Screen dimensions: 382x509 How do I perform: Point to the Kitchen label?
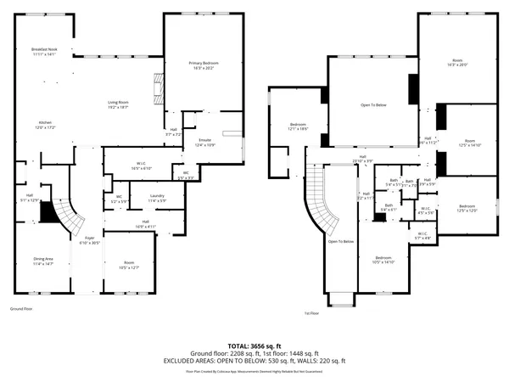pyautogui.click(x=44, y=125)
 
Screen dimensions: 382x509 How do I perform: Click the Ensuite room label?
pyautogui.click(x=204, y=142)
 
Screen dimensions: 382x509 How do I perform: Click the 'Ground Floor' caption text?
pyautogui.click(x=22, y=309)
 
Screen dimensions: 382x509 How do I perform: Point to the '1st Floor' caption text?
pyautogui.click(x=311, y=313)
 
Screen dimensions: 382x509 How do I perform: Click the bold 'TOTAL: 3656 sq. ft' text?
pyautogui.click(x=254, y=346)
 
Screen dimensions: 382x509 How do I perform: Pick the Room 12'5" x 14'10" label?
pyautogui.click(x=469, y=143)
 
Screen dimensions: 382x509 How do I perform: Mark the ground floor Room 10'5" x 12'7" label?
pyautogui.click(x=129, y=265)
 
